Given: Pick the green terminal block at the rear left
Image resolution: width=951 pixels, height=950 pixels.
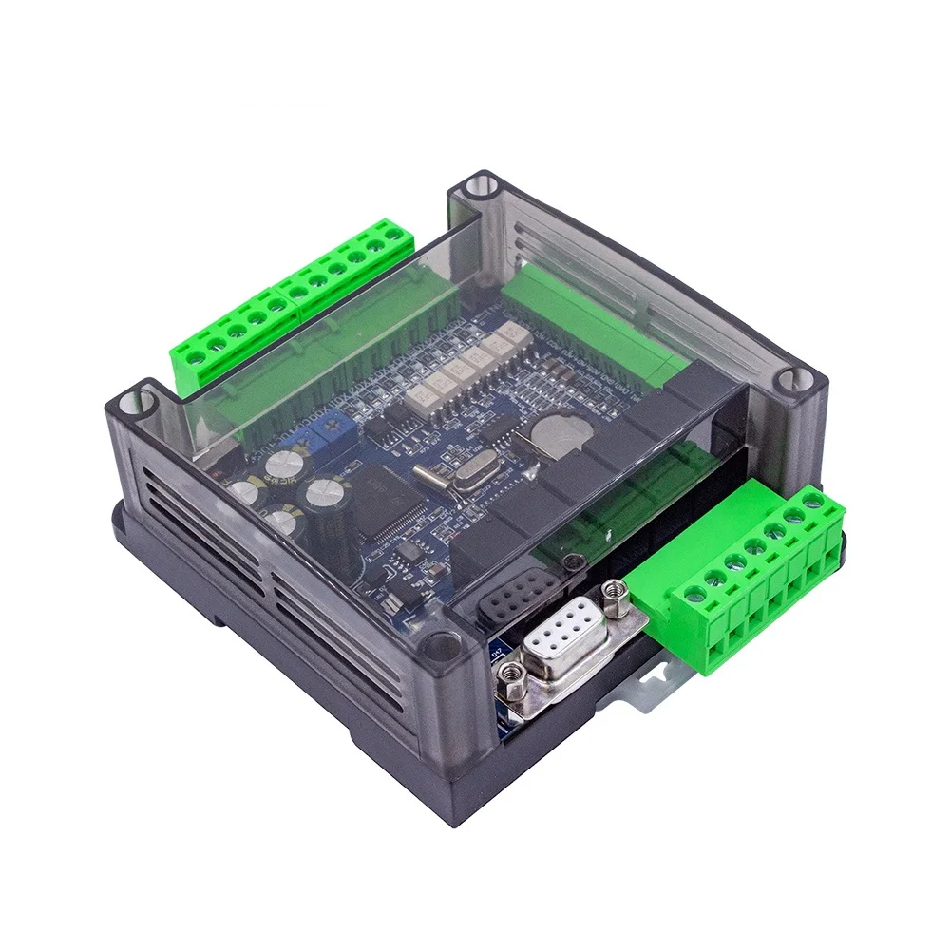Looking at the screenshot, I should click(285, 294).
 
